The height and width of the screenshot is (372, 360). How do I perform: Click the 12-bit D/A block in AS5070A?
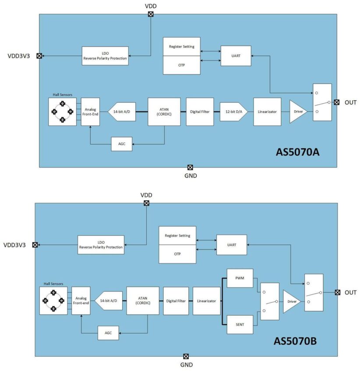234,112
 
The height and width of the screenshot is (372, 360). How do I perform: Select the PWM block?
240,278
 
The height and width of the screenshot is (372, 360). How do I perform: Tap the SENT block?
240,324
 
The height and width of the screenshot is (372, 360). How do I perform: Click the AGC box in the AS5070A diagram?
121,144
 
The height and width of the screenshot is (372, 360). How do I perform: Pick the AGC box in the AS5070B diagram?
108,333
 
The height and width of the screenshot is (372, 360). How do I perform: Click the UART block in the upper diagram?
236,56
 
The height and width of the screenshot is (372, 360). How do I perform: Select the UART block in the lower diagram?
231,245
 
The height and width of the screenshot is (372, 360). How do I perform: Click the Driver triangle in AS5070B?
291,301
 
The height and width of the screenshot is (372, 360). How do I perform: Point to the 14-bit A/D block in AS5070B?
108,301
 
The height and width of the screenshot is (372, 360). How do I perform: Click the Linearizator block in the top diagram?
267,112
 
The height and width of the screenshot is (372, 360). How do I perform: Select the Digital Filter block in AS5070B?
176,301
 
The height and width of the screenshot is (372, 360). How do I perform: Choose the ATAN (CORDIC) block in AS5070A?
164,112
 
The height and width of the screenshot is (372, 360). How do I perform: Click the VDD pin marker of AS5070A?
151,14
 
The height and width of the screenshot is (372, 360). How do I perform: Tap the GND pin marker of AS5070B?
186,357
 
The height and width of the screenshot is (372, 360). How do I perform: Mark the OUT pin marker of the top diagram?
336,102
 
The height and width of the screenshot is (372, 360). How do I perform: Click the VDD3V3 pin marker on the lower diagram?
35,245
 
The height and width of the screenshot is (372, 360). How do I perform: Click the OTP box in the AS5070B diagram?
177,254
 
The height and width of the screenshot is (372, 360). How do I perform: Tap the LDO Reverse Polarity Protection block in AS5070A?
105,56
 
